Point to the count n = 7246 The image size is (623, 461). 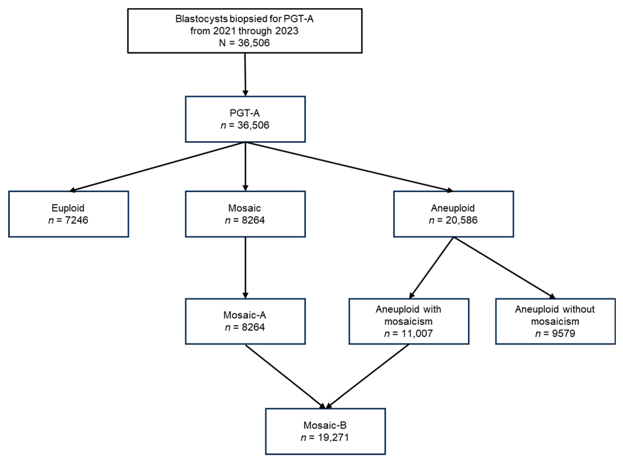pos(68,220)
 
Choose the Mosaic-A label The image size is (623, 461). pos(245,315)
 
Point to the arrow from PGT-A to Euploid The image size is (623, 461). pos(156,167)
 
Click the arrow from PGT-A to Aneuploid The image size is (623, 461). pos(349,167)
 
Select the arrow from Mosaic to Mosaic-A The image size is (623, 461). pos(245,268)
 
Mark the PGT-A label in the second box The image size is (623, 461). pos(245,113)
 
